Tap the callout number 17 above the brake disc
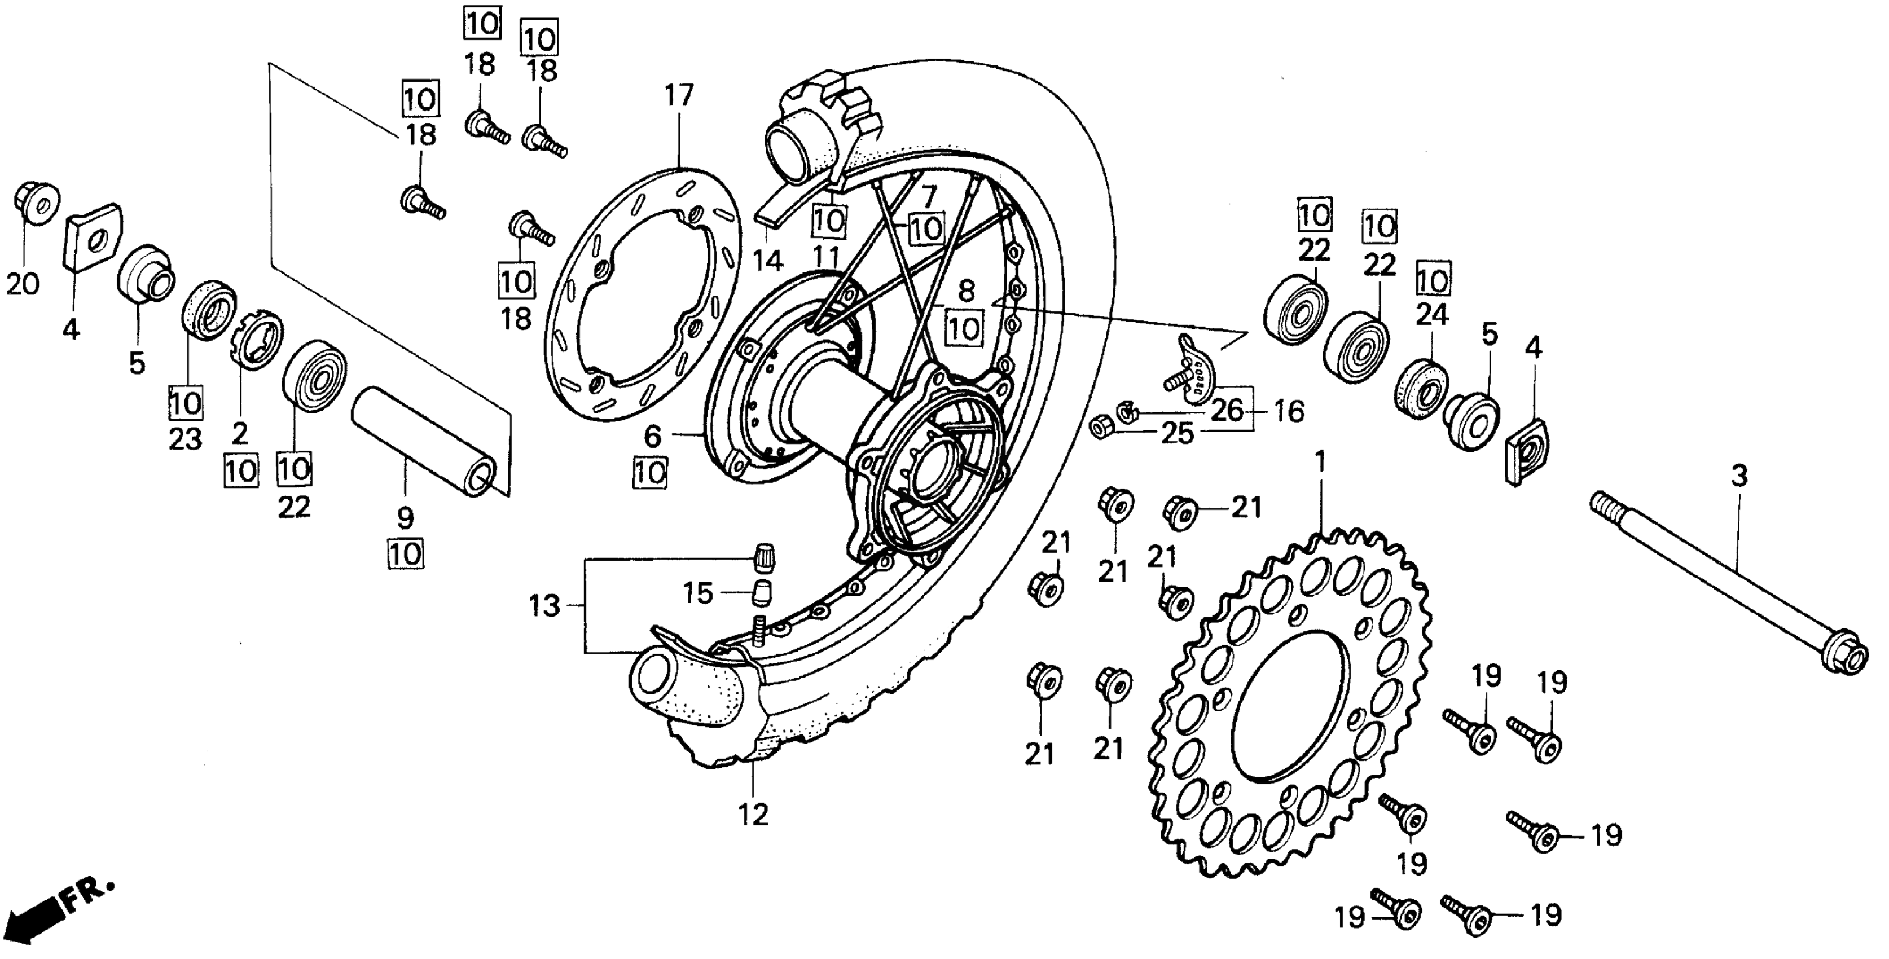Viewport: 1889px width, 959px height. pos(679,96)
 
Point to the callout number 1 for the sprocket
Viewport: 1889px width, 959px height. pos(1321,462)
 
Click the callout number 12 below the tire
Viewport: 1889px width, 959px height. pos(753,815)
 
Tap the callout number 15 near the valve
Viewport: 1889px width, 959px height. pos(698,593)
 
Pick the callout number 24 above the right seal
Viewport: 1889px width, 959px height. pos(1431,315)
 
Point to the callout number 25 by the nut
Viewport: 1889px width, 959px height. pos(1177,434)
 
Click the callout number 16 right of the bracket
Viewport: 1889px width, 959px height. pos(1289,411)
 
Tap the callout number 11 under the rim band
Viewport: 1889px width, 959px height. pos(829,257)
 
